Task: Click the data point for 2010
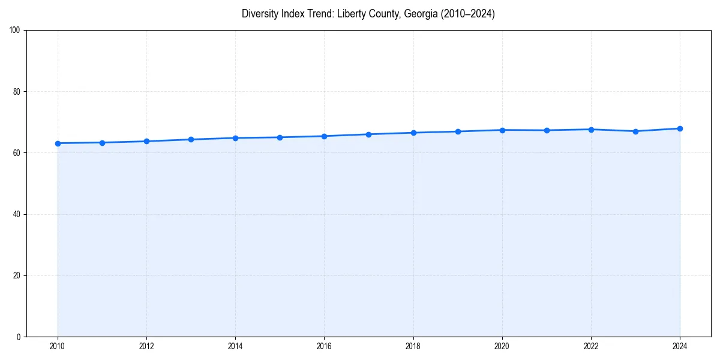[x=58, y=143]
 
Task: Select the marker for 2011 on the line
[x=102, y=143]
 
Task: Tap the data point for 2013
[x=191, y=139]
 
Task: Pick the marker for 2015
[x=280, y=137]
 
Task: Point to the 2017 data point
[x=368, y=134]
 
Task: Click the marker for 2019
[x=458, y=131]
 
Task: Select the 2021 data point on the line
[x=547, y=130]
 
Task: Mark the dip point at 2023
[x=635, y=131]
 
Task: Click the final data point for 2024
[x=680, y=128]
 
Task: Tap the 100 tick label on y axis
[x=15, y=30]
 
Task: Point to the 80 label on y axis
[x=17, y=92]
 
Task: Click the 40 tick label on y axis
[x=17, y=214]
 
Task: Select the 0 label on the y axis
[x=19, y=337]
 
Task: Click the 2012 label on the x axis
[x=146, y=346]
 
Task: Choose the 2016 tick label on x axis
[x=324, y=346]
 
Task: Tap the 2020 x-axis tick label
[x=502, y=346]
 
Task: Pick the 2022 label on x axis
[x=591, y=346]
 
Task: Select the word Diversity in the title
[x=260, y=14]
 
